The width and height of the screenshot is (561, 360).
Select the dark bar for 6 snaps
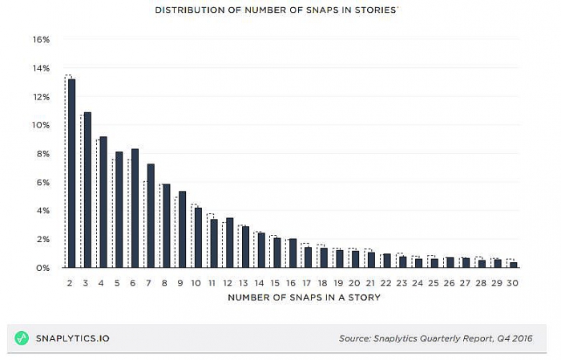click(135, 208)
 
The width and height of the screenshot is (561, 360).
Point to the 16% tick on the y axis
click(42, 39)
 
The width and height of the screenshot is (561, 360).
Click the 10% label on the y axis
click(42, 125)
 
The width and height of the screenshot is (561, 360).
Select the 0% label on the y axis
click(44, 268)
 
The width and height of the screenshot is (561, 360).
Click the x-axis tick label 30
click(513, 282)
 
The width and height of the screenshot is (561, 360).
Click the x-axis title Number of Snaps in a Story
click(304, 297)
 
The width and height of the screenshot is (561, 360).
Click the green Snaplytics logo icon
click(22, 338)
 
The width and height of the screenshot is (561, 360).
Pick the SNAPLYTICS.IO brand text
click(73, 338)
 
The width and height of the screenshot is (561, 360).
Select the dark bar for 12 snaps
click(229, 243)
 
